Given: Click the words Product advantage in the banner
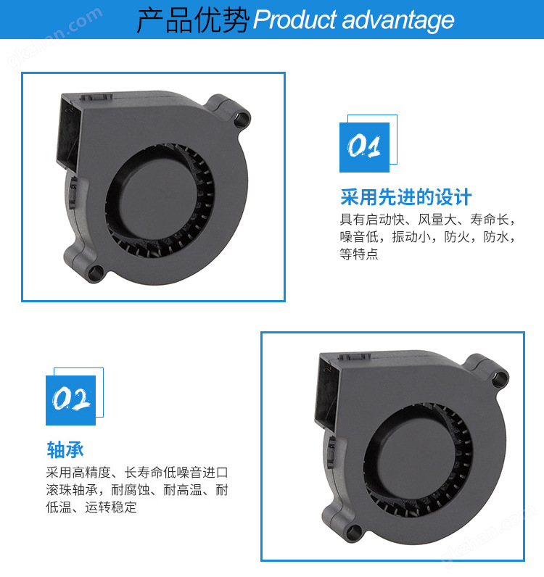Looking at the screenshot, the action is pyautogui.click(x=353, y=20).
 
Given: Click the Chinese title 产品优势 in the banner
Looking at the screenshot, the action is pyautogui.click(x=192, y=20).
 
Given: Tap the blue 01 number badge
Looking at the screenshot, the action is pyautogui.click(x=364, y=147).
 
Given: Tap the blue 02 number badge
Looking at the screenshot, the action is pyautogui.click(x=70, y=400).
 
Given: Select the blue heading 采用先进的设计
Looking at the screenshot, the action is pyautogui.click(x=405, y=197).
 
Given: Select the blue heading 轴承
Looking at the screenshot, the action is pyautogui.click(x=65, y=450).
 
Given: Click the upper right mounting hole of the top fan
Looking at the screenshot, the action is pyautogui.click(x=242, y=119).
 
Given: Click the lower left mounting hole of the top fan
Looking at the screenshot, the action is pyautogui.click(x=96, y=273).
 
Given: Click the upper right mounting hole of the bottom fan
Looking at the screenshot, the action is pyautogui.click(x=500, y=378).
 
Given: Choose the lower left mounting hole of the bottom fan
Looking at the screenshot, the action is pyautogui.click(x=354, y=533).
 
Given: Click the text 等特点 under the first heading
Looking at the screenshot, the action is pyautogui.click(x=359, y=254).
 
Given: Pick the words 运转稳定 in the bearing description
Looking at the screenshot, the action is pyautogui.click(x=110, y=507).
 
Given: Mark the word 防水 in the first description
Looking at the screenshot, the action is pyautogui.click(x=495, y=236).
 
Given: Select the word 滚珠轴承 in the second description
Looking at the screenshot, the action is pyautogui.click(x=72, y=490).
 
